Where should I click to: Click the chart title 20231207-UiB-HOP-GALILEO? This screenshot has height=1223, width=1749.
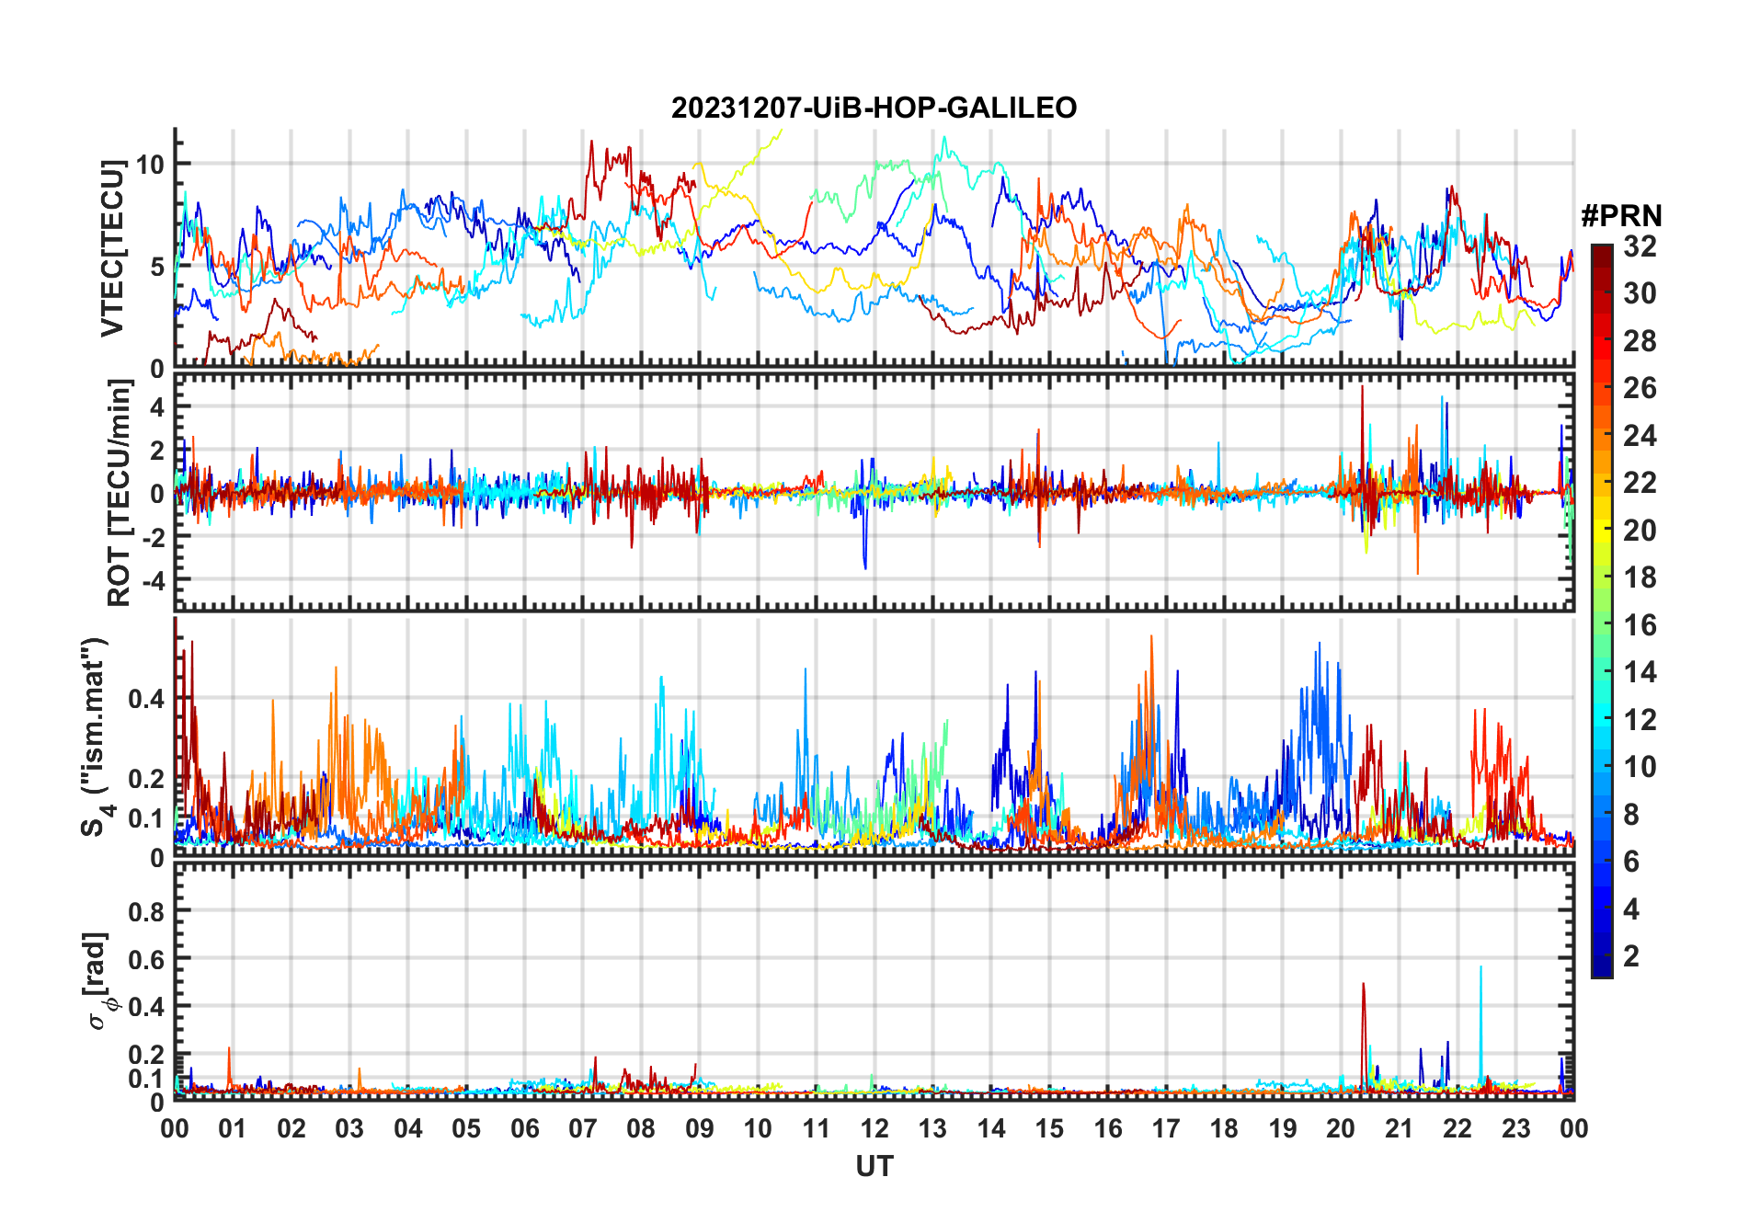click(x=874, y=109)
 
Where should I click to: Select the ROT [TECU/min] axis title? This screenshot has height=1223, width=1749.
click(x=120, y=492)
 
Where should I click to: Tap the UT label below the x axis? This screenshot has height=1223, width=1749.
click(x=874, y=1167)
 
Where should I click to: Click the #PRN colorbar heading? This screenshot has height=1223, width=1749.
click(x=1621, y=216)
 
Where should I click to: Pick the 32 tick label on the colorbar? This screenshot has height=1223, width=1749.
click(x=1640, y=246)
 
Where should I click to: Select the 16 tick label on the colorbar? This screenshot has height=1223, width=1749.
click(x=1640, y=625)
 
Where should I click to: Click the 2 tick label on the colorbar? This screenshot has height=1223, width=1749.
click(x=1631, y=956)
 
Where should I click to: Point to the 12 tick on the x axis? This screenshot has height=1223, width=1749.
click(x=874, y=1128)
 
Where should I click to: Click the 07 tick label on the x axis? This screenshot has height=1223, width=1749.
click(x=583, y=1128)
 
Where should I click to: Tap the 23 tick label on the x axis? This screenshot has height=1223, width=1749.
click(x=1515, y=1128)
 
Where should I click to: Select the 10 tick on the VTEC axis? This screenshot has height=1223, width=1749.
click(x=150, y=165)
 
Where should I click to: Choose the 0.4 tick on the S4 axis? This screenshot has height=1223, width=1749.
click(x=147, y=699)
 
